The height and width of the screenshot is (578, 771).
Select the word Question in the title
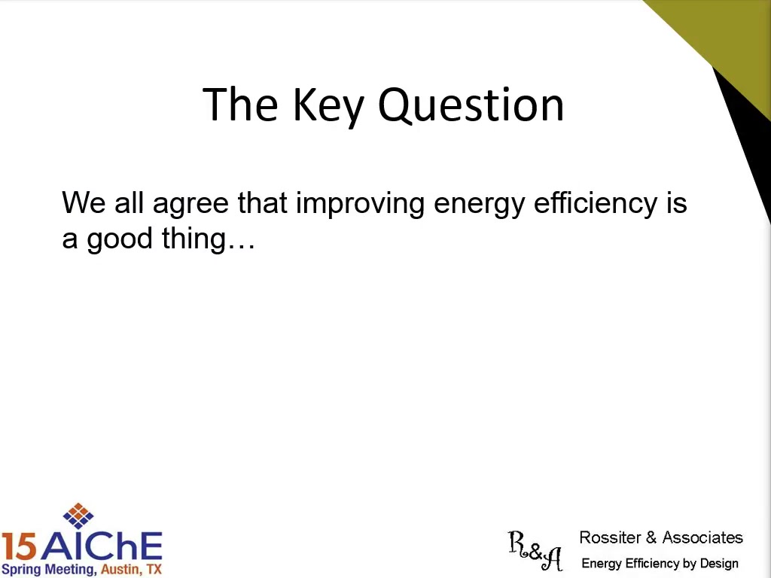click(x=471, y=105)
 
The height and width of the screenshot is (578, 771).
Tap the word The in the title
click(x=240, y=105)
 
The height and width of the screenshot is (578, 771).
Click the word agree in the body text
click(x=190, y=205)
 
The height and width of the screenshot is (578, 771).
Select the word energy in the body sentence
click(x=479, y=205)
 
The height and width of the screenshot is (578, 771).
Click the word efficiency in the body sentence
click(x=595, y=203)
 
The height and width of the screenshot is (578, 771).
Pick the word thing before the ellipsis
click(x=194, y=239)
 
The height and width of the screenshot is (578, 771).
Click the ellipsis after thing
click(x=241, y=247)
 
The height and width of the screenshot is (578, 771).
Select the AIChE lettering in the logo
click(x=102, y=546)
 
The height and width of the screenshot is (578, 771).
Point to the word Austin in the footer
click(x=118, y=570)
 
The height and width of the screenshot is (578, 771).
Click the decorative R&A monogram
click(x=535, y=550)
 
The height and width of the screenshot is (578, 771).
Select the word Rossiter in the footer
click(x=610, y=537)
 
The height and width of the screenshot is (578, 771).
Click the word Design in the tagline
click(x=719, y=564)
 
